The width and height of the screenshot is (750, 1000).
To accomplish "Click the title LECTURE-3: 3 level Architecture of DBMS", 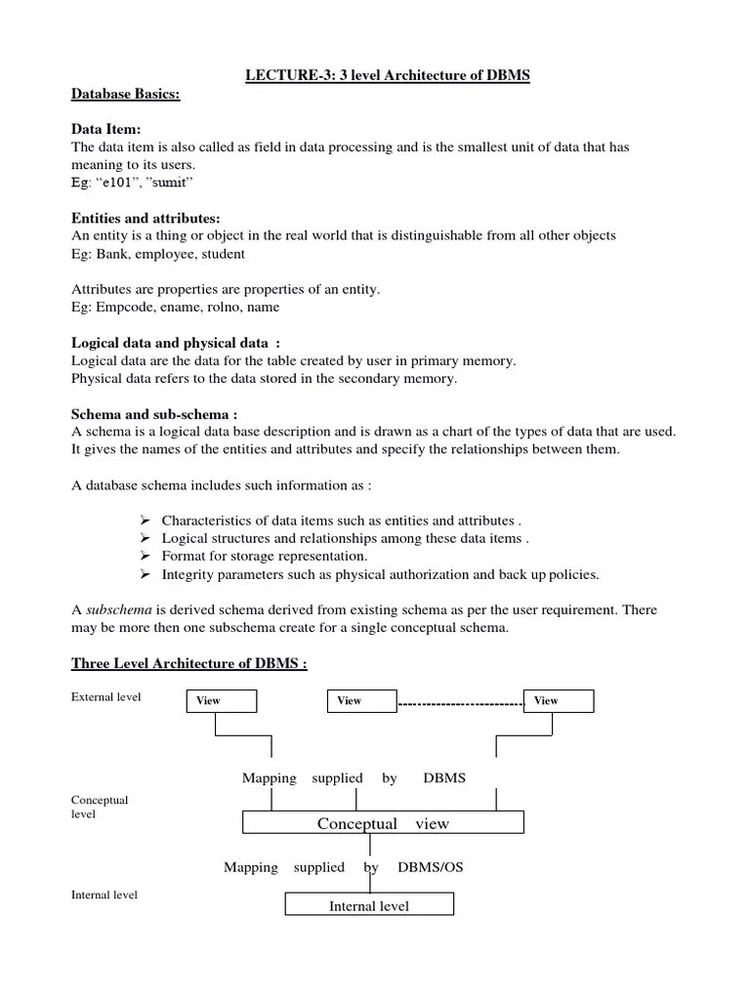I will point(388,75).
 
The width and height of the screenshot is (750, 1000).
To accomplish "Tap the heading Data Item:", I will point(105,129).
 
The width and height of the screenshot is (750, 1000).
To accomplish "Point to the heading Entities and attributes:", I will point(146,218).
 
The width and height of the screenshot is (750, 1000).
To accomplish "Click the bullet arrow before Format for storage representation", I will point(144,556).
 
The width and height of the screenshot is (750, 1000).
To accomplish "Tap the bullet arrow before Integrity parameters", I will point(144,573).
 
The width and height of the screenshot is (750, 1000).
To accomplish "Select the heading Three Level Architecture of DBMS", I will point(189,664).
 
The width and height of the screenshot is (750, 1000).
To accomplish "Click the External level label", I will point(106,697).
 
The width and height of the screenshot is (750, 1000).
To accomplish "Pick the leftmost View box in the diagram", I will point(221,701).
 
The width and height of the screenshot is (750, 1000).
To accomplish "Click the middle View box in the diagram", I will point(360,701).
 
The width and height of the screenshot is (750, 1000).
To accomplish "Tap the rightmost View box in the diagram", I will point(558,701).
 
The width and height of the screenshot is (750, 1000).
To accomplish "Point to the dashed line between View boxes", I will point(460,702).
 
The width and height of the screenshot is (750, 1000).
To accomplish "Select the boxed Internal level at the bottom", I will point(369,905).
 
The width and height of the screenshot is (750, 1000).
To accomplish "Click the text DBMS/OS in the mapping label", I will point(431,867).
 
